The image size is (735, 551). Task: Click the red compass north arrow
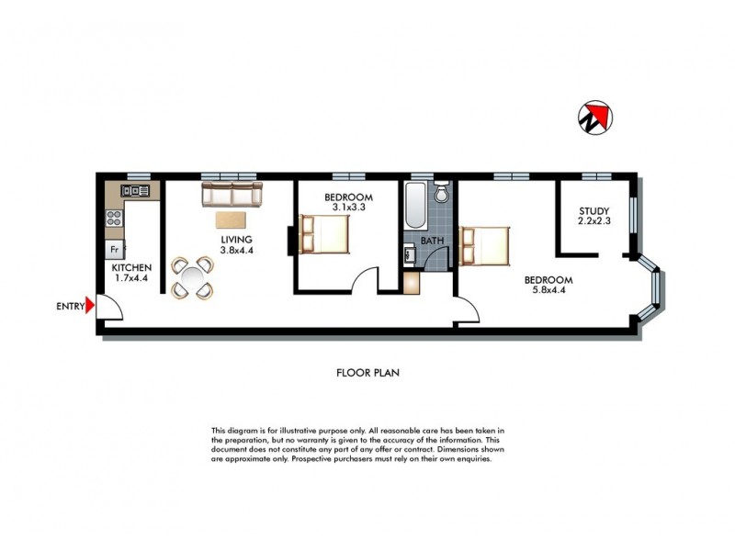tap(594, 117)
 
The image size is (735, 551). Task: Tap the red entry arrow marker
tap(90, 307)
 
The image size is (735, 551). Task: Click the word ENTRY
tap(69, 307)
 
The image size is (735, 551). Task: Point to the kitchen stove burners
tap(116, 219)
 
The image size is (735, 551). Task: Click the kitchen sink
tap(136, 191)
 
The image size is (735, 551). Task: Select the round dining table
tap(194, 277)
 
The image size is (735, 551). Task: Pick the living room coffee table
tap(231, 220)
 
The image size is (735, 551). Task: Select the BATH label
tap(432, 242)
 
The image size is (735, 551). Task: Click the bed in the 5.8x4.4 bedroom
tap(486, 246)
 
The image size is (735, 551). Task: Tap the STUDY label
tap(594, 209)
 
